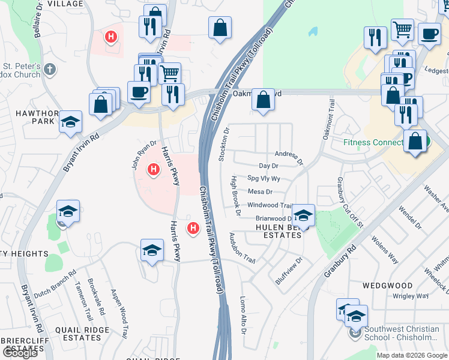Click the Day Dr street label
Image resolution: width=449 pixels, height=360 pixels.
click(268, 166)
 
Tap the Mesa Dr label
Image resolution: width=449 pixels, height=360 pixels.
click(260, 192)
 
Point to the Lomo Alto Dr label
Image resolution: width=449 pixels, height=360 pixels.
click(243, 311)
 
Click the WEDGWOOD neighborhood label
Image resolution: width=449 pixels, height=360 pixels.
click(387, 285)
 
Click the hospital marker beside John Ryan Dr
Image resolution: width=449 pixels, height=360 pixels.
click(153, 170)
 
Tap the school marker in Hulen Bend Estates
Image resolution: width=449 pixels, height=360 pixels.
click(304, 215)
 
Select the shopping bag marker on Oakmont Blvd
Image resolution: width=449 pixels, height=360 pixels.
click(263, 100)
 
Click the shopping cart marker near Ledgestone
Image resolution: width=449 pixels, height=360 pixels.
click(402, 29)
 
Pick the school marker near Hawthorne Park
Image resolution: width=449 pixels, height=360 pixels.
click(71, 123)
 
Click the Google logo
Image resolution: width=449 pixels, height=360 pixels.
click(19, 353)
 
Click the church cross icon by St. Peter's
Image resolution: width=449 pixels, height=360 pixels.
click(50, 70)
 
